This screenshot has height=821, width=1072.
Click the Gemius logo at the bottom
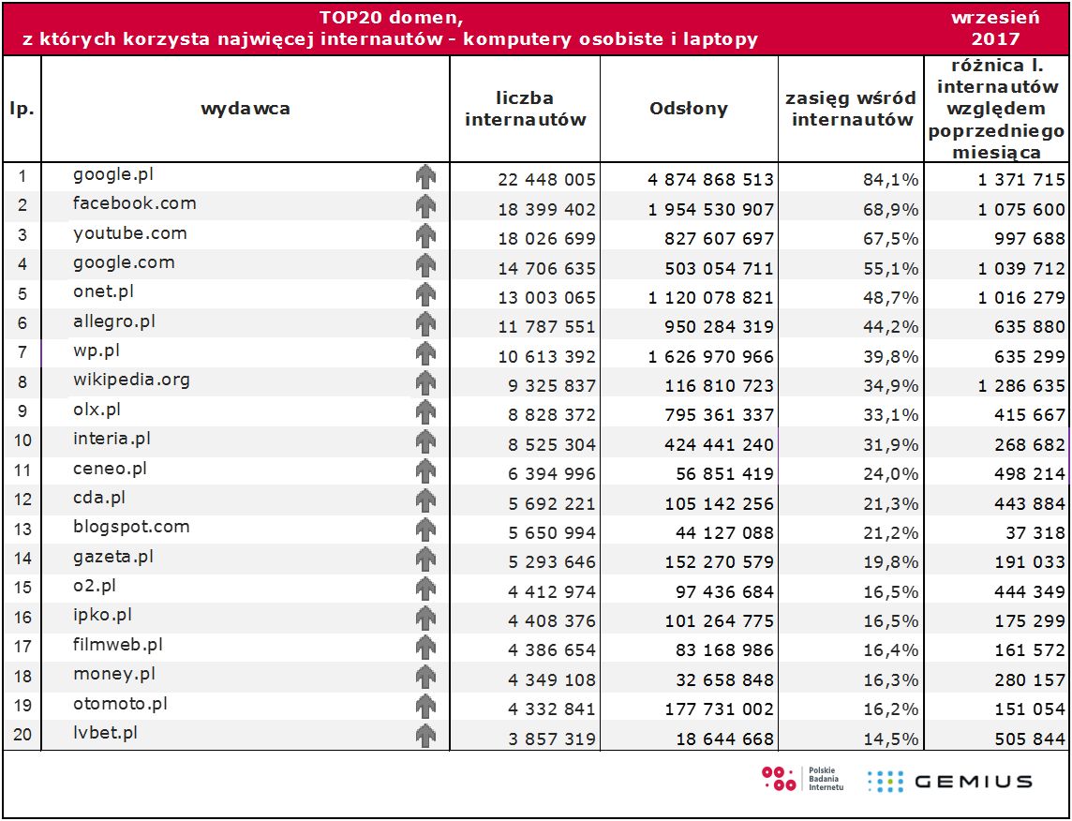(950, 781)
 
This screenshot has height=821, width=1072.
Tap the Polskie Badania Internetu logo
(803, 779)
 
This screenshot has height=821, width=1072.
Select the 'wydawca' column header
(246, 109)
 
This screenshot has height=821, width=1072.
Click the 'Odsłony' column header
(689, 109)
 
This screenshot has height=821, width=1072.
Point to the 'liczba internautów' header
(525, 109)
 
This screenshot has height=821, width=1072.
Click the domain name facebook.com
(135, 203)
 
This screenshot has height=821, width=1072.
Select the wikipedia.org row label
(131, 380)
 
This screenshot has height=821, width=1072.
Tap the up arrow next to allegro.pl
(426, 324)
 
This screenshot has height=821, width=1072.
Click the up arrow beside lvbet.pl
(426, 736)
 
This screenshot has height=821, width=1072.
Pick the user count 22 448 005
(547, 180)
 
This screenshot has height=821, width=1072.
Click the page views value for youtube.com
(711, 239)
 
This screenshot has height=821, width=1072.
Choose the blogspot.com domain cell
(131, 527)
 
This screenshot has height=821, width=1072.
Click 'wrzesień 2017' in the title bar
(995, 28)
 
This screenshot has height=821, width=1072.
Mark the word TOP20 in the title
(348, 18)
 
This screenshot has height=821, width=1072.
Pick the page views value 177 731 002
(711, 709)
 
